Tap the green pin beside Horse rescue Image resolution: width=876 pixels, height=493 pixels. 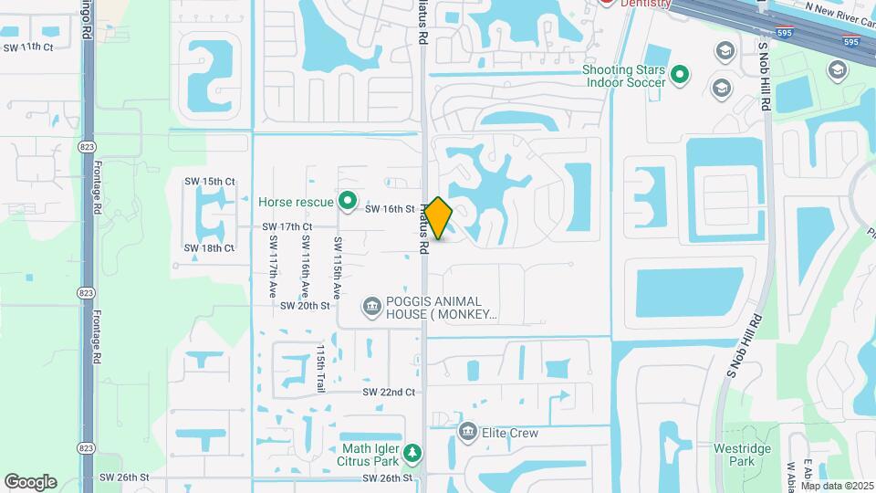pos(347,200)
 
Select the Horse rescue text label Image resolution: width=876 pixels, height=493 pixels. pos(295,201)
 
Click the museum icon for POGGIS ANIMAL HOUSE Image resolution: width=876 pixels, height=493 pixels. pos(371,304)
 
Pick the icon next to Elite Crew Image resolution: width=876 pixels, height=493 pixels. pos(467,430)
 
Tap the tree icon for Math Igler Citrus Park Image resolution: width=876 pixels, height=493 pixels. pos(412,452)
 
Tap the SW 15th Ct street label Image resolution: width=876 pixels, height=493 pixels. pos(209,182)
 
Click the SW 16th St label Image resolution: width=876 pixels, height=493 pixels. pos(391,209)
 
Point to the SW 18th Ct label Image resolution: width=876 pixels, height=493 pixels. pos(209,248)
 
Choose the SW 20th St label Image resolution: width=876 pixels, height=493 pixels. pos(304,306)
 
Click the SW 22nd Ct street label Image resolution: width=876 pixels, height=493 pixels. pos(389,392)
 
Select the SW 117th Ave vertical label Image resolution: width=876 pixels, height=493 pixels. pos(272,267)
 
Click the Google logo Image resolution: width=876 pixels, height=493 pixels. pos(30,482)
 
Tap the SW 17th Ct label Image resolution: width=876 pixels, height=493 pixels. pos(287,226)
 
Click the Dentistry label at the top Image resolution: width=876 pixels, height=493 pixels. pos(645,4)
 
